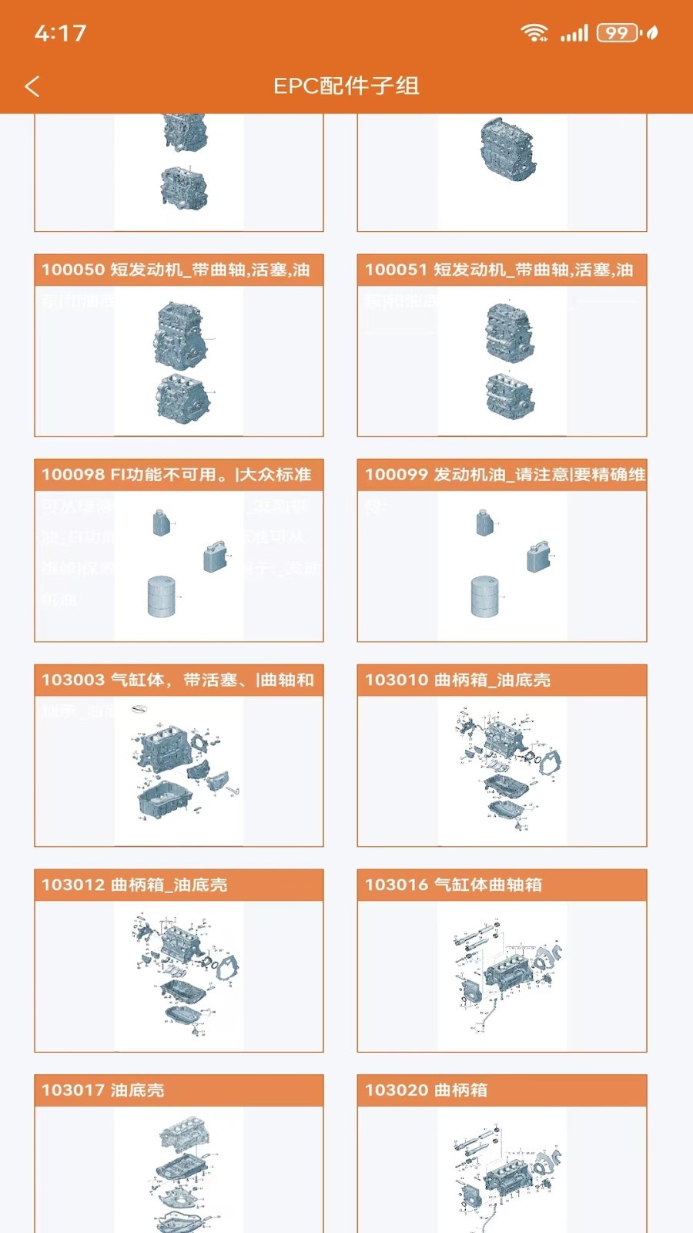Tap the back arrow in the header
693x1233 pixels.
tap(32, 86)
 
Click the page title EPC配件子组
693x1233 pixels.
tap(346, 86)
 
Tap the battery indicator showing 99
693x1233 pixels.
tap(618, 33)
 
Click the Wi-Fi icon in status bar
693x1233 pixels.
tap(533, 32)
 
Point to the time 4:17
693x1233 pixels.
tap(60, 33)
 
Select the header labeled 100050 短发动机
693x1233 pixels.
tap(179, 270)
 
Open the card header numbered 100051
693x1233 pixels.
tap(501, 270)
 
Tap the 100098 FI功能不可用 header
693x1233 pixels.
tap(179, 475)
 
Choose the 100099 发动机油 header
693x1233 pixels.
tap(501, 475)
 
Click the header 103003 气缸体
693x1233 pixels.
tap(179, 680)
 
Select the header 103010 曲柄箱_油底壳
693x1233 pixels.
tap(501, 680)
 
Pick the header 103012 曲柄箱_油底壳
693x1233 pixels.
tap(179, 885)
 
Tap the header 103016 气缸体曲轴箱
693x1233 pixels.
tap(501, 885)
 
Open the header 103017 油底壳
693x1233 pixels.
tap(179, 1090)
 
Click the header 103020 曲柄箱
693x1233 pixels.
tap(501, 1090)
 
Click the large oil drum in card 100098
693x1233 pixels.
tap(162, 596)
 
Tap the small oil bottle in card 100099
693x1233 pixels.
tap(484, 523)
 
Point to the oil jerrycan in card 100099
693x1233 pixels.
tap(538, 556)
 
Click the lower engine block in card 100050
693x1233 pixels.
tap(182, 398)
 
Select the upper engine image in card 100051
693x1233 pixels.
tap(509, 331)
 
